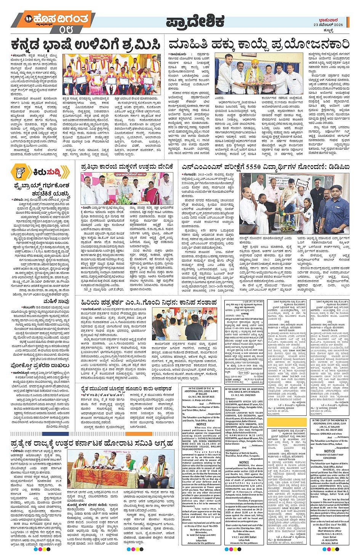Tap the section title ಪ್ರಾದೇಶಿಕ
coord(195,22)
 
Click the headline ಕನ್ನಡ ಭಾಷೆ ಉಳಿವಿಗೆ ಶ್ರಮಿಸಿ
coord(86,44)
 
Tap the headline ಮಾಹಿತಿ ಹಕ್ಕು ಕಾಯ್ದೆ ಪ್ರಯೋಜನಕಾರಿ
coord(259,44)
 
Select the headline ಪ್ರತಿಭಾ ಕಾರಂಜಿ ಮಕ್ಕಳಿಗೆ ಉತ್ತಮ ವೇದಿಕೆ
coord(128,166)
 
